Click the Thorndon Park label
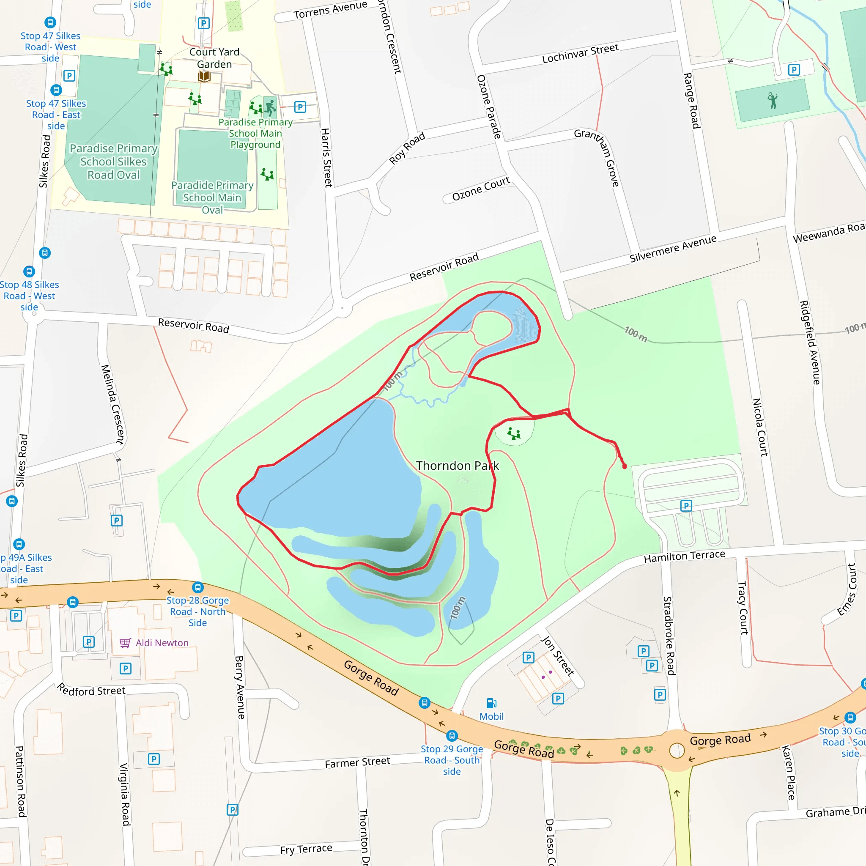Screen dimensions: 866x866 pos(457,466)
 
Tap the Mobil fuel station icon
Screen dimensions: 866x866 pos(491,703)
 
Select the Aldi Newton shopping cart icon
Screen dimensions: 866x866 pos(125,643)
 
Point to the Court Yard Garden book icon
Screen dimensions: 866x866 pos(204,77)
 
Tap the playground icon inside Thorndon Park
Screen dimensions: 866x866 pos(514,433)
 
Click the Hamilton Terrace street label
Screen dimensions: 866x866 pos(684,556)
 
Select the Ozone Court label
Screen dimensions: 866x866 pos(480,189)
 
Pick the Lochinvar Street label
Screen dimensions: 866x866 pos(580,53)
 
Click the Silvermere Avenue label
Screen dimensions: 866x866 pos(673,248)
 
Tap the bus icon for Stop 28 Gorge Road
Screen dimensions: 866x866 pos(197,587)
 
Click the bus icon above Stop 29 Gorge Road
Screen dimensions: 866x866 pos(452,736)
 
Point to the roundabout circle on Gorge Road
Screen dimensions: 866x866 pos(677,750)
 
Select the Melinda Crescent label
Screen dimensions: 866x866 pos(112,404)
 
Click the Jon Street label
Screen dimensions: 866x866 pos(558,655)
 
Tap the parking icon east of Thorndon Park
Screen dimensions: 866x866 pos(686,506)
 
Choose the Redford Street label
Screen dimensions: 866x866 pos(91,690)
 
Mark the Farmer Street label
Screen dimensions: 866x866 pos(357,762)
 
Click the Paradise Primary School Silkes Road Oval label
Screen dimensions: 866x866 pos(113,162)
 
